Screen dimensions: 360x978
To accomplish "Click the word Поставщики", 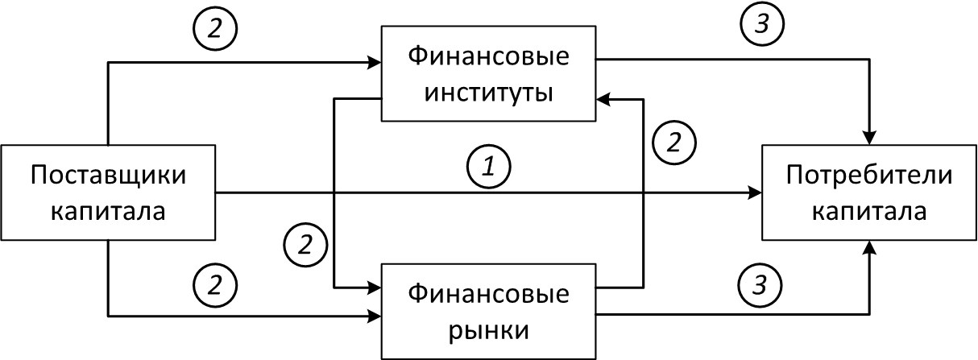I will click(x=107, y=176).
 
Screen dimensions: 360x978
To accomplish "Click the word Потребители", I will click(x=869, y=176).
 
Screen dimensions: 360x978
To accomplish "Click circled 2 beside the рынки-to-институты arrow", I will click(x=675, y=143).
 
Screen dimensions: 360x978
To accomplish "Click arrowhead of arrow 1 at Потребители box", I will click(x=756, y=193).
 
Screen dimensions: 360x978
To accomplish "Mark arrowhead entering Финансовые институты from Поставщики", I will click(x=375, y=61).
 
